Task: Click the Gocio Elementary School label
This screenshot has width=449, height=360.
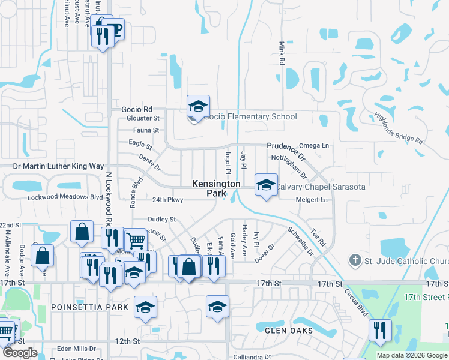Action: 250,116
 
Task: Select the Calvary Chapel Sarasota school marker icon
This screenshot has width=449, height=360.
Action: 266,185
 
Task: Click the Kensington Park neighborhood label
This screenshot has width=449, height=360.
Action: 208,188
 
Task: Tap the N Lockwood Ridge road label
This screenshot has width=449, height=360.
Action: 109,199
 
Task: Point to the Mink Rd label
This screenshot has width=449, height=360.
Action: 280,53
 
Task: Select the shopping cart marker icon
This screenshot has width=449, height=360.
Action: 136,241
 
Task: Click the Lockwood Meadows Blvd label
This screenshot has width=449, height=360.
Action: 65,197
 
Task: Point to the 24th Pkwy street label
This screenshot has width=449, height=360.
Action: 167,200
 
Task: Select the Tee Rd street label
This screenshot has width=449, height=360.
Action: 318,238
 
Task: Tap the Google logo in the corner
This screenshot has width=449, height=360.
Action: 20,353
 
